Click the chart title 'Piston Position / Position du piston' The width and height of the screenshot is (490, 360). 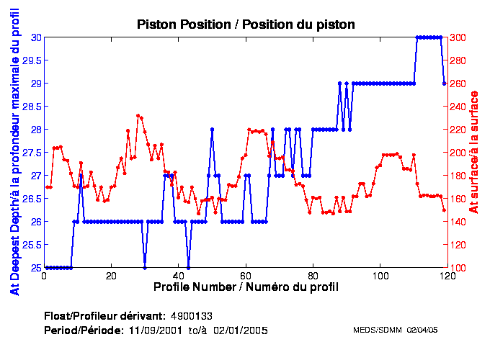(x=246, y=24)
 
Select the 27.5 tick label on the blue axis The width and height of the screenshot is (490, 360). (x=30, y=153)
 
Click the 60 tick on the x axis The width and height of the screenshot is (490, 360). (x=246, y=276)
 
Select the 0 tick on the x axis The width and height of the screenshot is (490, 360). (x=45, y=276)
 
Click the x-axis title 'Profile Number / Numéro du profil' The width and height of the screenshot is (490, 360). (x=246, y=287)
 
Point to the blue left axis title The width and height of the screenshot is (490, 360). (x=14, y=153)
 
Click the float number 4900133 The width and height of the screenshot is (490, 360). (x=191, y=316)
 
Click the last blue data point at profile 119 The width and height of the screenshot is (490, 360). (x=445, y=84)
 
